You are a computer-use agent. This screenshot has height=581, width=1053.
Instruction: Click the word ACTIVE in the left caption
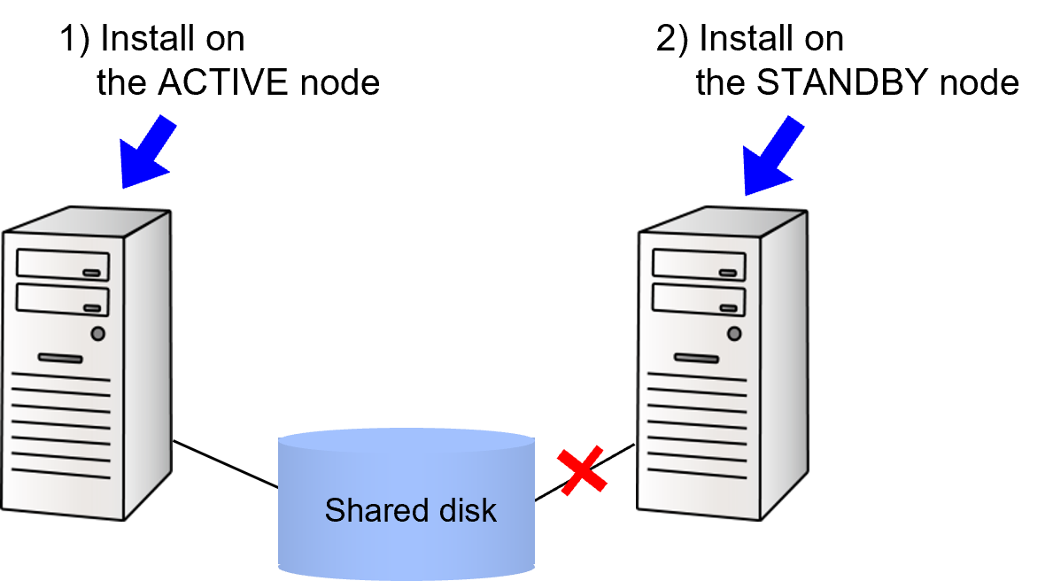(222, 82)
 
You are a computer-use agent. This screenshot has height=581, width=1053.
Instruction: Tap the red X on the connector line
(582, 471)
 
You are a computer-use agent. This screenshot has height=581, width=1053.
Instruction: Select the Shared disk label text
(410, 510)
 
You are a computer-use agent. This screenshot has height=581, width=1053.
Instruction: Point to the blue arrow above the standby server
(772, 156)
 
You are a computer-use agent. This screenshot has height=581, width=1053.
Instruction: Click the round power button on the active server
(98, 333)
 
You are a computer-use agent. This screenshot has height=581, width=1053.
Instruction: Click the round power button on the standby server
(734, 333)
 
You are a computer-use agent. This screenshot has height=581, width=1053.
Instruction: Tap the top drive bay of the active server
(63, 265)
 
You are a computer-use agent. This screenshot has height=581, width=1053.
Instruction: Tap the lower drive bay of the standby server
(699, 299)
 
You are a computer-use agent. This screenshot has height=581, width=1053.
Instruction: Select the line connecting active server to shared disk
(226, 464)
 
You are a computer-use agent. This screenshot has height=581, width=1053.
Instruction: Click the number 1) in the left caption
(74, 37)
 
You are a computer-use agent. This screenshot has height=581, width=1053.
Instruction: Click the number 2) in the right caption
(672, 37)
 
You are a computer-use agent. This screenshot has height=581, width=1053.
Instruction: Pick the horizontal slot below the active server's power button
(60, 358)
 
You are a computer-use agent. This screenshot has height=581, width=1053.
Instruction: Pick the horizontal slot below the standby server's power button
(696, 358)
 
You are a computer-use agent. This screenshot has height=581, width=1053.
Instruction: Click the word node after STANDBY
(979, 82)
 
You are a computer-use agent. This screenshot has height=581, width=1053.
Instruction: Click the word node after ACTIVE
(340, 82)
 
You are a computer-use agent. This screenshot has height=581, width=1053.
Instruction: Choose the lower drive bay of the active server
(63, 299)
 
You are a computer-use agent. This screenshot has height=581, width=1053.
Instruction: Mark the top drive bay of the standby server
(699, 265)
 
